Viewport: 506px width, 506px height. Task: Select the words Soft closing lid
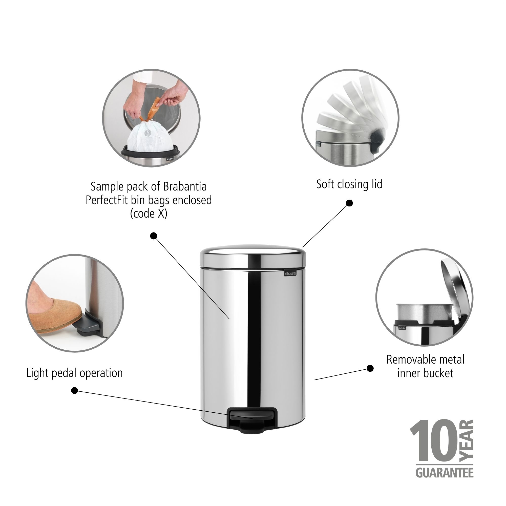pyautogui.click(x=349, y=184)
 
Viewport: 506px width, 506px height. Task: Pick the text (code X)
pyautogui.click(x=149, y=214)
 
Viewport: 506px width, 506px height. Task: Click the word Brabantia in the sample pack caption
pyautogui.click(x=185, y=187)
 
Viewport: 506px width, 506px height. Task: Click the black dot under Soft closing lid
pyautogui.click(x=349, y=203)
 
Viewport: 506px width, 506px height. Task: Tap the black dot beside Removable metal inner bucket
pyautogui.click(x=370, y=369)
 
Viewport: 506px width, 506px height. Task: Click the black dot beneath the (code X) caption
pyautogui.click(x=154, y=236)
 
